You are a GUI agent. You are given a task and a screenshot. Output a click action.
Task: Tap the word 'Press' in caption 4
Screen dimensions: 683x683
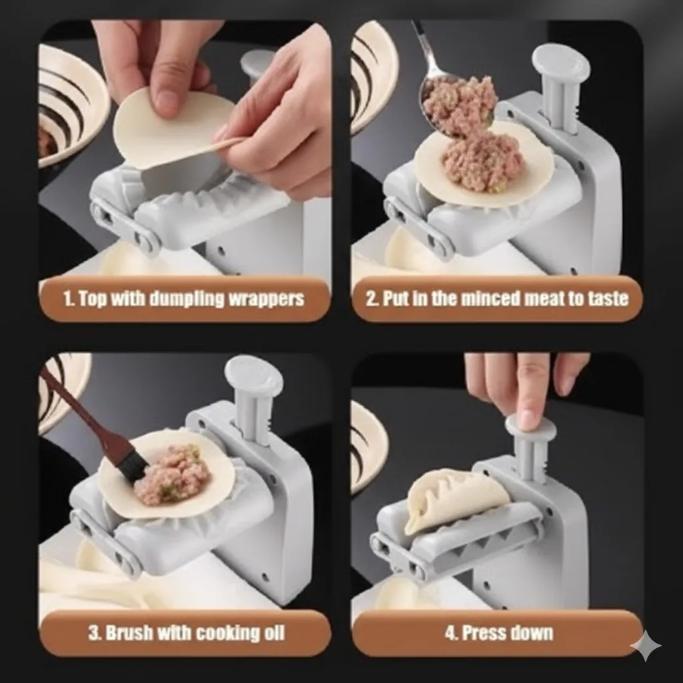tap(482, 633)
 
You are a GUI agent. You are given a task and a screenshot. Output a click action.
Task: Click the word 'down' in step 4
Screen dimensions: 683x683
tap(530, 633)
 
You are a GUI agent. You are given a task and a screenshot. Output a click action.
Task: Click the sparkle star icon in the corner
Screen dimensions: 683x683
tap(645, 645)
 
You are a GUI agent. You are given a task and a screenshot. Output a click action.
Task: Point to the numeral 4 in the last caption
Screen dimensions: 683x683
tap(450, 633)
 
